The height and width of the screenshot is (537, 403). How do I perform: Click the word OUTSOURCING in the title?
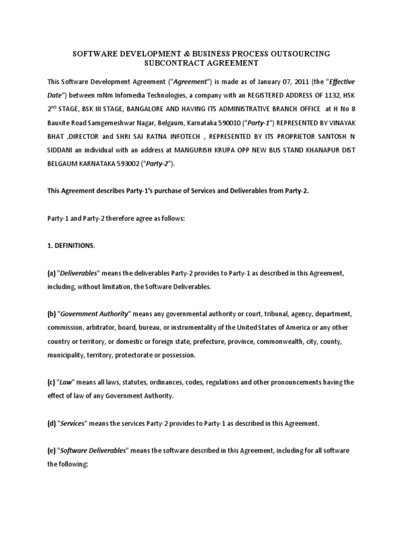(x=297, y=53)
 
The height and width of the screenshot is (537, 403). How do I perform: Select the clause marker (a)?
(x=52, y=273)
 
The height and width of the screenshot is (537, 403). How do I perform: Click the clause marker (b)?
(x=52, y=314)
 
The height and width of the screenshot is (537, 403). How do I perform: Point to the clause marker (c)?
(x=52, y=382)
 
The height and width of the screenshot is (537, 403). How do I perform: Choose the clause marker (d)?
(x=52, y=423)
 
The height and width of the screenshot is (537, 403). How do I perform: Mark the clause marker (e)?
(x=52, y=451)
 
